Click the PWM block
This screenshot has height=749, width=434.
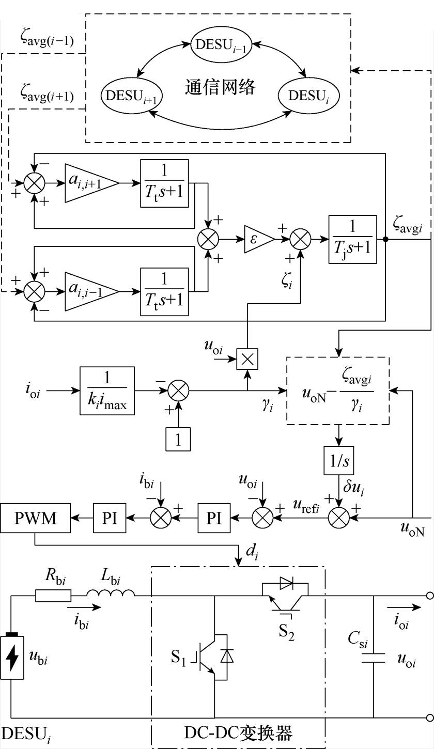pos(36,518)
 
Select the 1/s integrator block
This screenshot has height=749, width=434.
pos(339,460)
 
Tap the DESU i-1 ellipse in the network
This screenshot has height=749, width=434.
pos(221,45)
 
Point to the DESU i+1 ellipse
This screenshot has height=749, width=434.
pos(131,96)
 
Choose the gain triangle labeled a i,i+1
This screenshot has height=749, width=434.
pos(91,183)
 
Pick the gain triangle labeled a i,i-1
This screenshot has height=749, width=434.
pos(91,291)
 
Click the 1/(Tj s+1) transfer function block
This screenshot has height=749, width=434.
pos(353,239)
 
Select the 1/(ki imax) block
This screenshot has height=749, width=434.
pos(107,391)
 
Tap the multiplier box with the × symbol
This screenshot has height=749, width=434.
pos(247,359)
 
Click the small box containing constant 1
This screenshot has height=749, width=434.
pos(178,439)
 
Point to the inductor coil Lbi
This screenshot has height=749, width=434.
pos(111,592)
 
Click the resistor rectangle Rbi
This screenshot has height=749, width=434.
pos(53,596)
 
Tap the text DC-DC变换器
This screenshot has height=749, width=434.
pos(238,732)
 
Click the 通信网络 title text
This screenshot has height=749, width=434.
pos(220,87)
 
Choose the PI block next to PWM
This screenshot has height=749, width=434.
pos(110,518)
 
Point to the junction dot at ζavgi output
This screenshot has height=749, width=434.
pos(385,239)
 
